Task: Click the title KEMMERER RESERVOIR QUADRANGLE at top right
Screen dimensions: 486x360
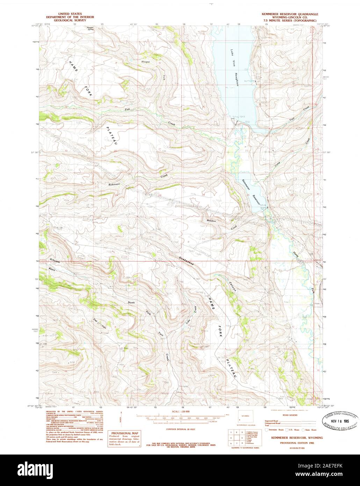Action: (290, 15)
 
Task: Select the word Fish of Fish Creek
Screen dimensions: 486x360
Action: (128, 109)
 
